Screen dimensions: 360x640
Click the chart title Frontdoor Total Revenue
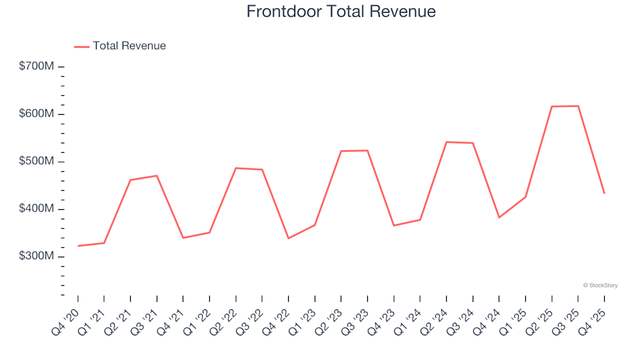click(x=341, y=11)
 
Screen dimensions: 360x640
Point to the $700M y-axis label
click(x=37, y=67)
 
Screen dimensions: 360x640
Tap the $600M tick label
click(x=37, y=114)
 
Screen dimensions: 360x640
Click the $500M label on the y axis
click(x=37, y=162)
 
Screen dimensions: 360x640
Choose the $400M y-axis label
click(x=37, y=209)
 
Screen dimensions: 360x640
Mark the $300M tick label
click(x=37, y=257)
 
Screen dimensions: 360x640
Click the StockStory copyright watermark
click(x=600, y=285)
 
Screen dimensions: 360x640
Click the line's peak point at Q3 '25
click(x=578, y=106)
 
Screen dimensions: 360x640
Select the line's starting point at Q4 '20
click(x=78, y=246)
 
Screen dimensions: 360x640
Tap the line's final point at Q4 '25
click(x=604, y=193)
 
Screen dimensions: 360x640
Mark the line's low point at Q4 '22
click(x=289, y=239)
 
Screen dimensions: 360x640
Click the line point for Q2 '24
click(x=446, y=142)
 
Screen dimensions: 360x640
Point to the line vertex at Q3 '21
click(x=157, y=176)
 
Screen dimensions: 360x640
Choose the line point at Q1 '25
click(x=525, y=197)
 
